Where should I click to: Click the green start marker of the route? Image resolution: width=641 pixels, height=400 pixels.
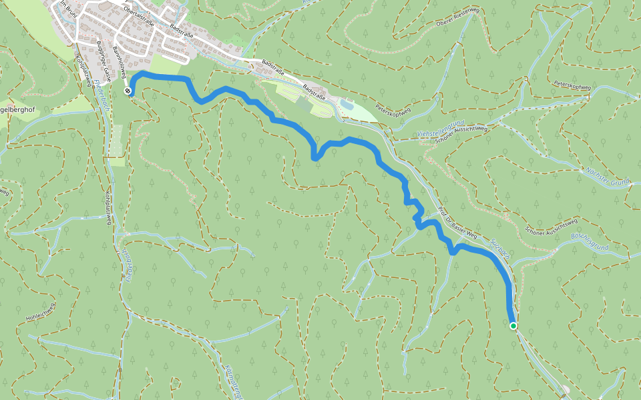[513, 326]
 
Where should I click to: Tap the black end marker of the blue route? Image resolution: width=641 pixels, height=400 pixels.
[128, 91]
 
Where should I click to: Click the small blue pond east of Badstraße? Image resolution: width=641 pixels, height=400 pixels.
[347, 105]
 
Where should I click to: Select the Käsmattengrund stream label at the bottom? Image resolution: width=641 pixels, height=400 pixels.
[233, 381]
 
